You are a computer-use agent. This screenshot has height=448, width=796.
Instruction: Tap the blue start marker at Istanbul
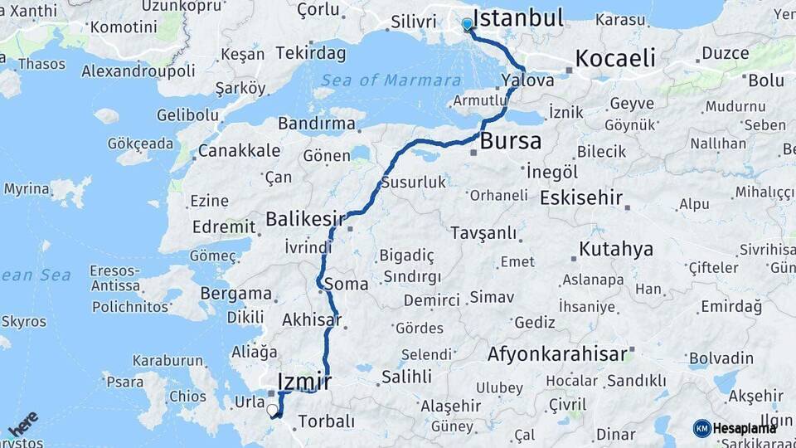468,24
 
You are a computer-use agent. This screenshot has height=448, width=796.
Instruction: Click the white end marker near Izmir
271,408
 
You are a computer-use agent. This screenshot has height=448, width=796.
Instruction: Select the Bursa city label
510,140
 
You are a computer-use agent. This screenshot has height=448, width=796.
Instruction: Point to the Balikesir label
304,219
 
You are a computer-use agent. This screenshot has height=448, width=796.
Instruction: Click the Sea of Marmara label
391,80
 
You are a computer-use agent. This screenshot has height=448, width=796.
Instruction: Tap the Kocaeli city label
614,58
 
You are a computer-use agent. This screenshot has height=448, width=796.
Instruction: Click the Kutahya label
615,249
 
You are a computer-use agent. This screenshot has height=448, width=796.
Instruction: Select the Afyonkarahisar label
556,354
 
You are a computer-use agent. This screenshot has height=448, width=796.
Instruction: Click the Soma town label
347,284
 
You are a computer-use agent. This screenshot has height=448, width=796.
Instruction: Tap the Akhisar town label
313,319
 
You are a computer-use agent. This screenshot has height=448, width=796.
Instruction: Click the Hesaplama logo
735,428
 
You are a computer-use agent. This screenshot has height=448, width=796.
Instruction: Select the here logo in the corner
22,424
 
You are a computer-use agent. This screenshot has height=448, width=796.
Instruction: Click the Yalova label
527,81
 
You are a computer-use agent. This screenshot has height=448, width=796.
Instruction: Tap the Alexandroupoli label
138,71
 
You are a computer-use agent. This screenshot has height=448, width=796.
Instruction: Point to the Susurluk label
414,183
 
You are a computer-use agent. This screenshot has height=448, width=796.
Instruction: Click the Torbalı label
326,422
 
